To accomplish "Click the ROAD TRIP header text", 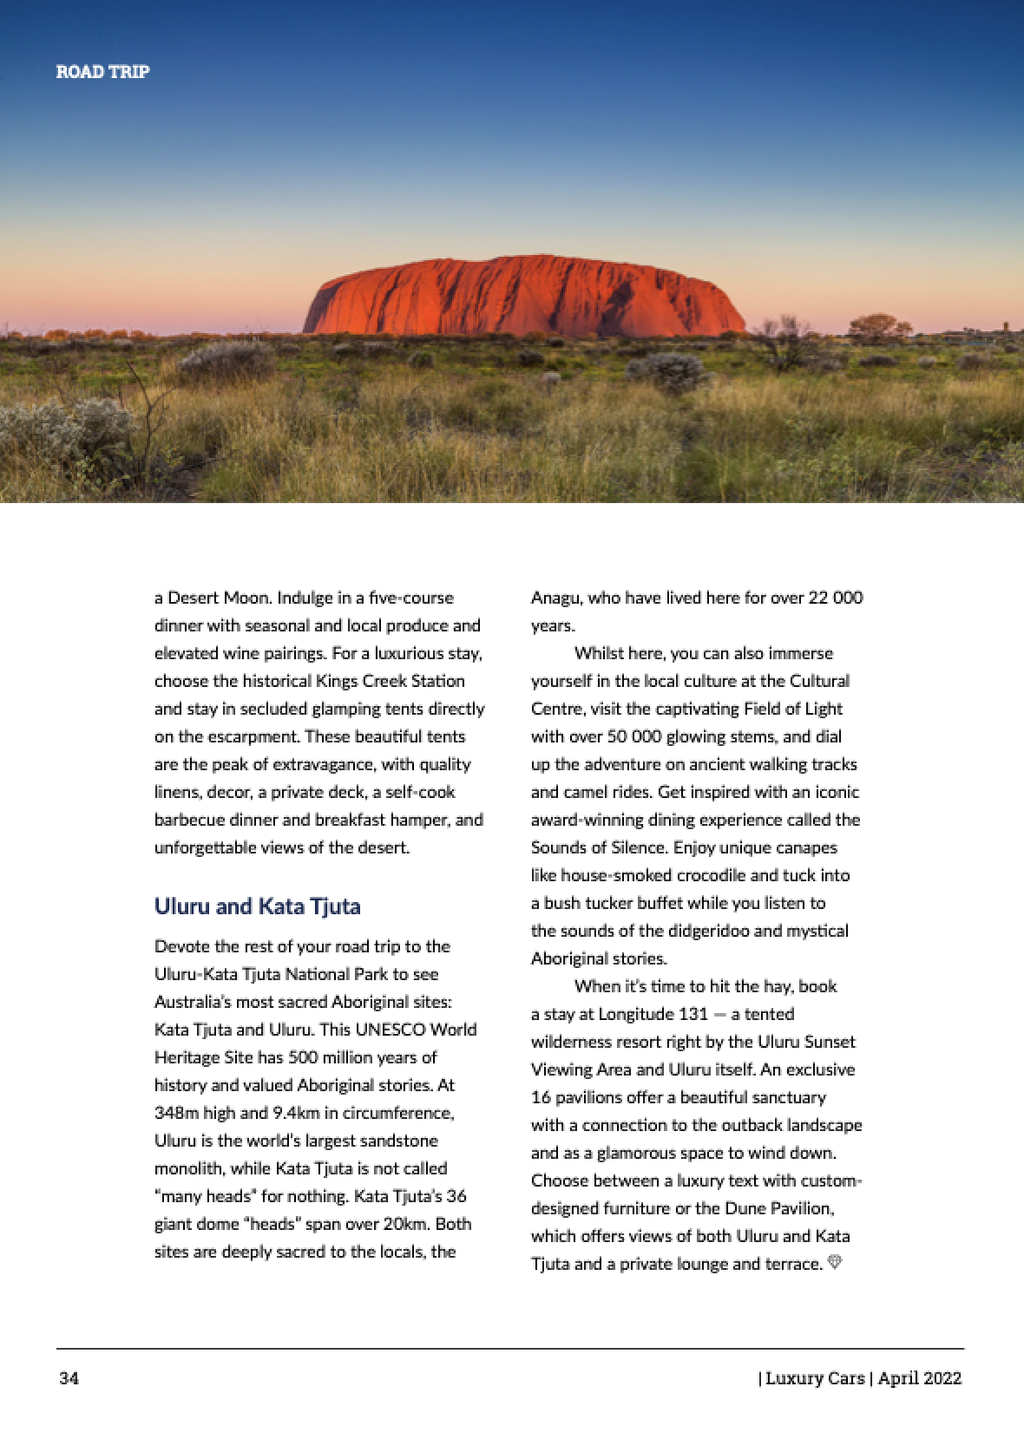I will [x=102, y=72].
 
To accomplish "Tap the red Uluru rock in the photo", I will [x=523, y=297].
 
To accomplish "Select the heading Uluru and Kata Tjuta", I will [x=257, y=906].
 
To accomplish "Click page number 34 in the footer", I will [x=69, y=1378].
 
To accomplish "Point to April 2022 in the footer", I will [x=920, y=1378].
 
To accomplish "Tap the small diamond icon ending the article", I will [x=835, y=1262].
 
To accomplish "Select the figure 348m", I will [x=176, y=1113].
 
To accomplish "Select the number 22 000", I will [x=835, y=598].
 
